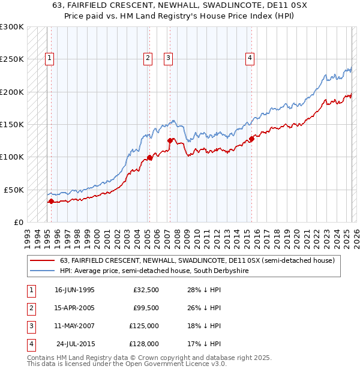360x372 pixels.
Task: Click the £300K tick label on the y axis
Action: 12,27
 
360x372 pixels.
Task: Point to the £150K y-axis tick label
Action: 12,125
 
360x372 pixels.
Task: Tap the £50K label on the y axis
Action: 14,190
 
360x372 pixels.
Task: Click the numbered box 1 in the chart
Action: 49,58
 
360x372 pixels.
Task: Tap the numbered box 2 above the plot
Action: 147,58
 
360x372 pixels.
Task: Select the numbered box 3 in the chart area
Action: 168,58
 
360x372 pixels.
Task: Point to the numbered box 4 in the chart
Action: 250,58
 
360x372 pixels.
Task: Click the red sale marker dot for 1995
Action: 52,202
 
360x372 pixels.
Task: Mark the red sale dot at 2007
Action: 170,141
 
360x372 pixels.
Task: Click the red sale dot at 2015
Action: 252,139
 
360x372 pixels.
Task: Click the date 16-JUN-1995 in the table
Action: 74,290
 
